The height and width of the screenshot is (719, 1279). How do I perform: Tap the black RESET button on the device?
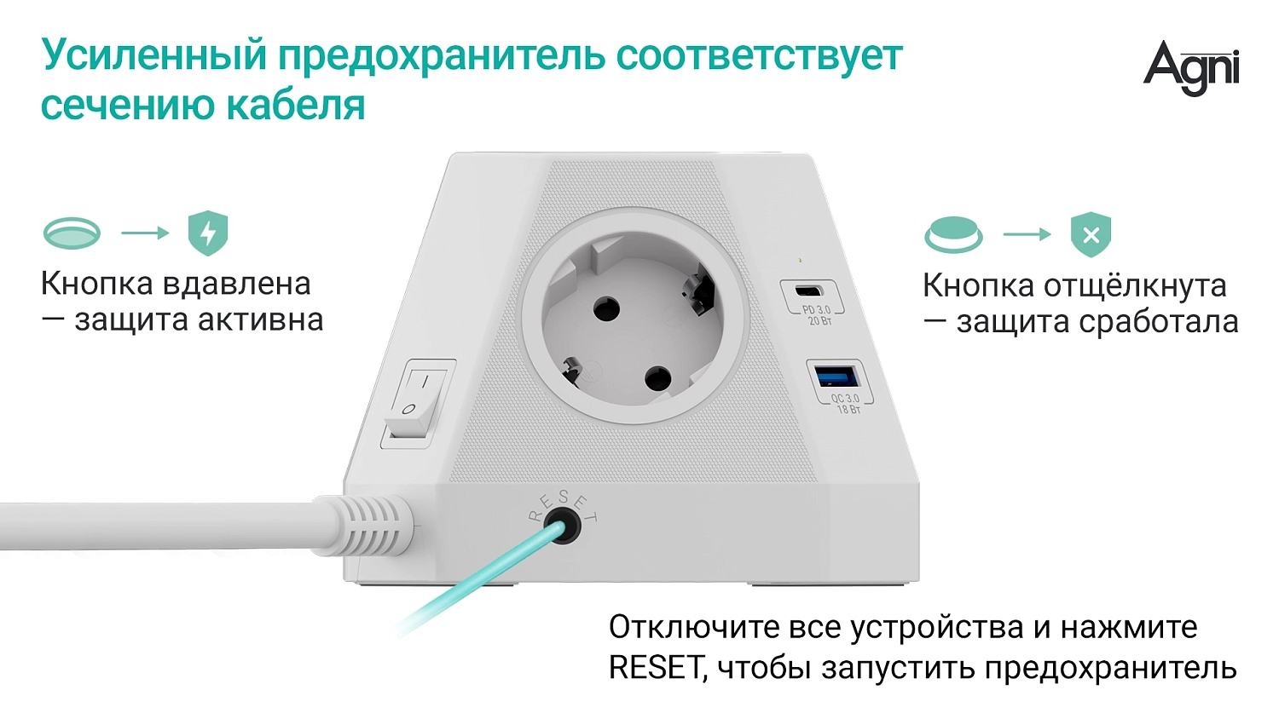[562, 526]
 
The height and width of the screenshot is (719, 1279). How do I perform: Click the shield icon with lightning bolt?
[207, 233]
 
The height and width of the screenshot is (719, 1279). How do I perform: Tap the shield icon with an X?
[1091, 234]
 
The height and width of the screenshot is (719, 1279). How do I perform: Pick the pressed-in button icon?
[72, 233]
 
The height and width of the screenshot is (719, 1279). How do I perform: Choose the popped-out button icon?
[953, 234]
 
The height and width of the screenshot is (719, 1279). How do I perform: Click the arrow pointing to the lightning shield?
[145, 233]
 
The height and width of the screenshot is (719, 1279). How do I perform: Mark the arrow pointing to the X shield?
[1027, 234]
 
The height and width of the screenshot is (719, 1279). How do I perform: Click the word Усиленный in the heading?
[154, 55]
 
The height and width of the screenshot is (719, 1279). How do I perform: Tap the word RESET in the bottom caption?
[656, 667]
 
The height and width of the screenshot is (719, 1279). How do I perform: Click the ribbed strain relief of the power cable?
[374, 526]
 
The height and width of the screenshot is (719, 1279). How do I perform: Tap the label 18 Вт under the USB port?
[848, 410]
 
